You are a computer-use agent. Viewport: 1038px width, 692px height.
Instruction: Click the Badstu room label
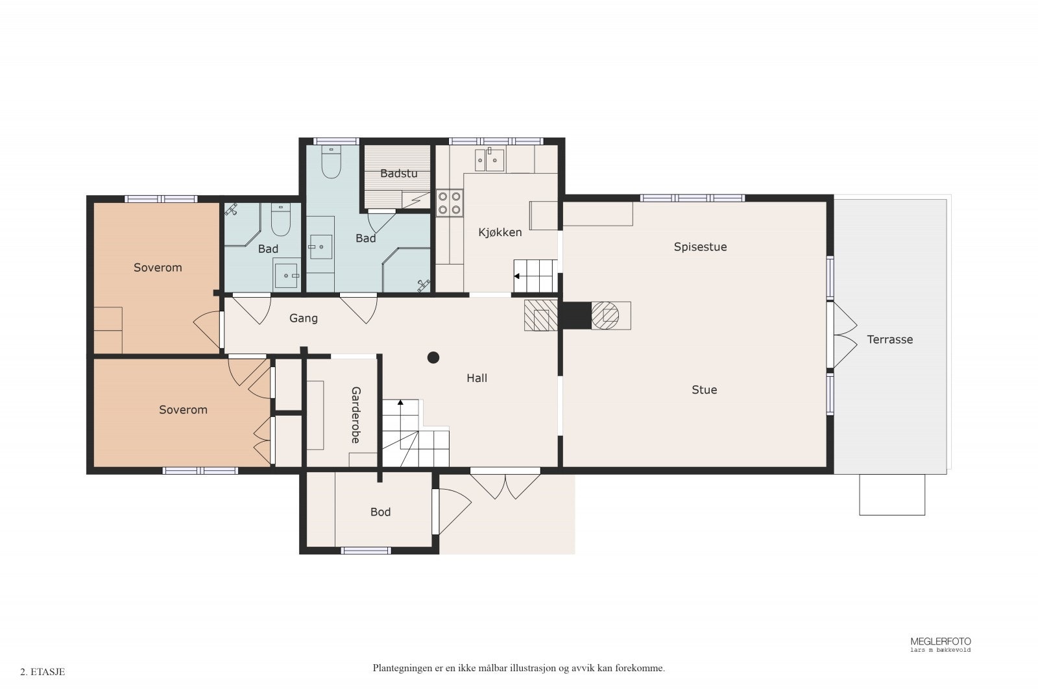(x=398, y=174)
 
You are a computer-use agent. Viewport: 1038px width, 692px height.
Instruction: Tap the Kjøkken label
(x=500, y=232)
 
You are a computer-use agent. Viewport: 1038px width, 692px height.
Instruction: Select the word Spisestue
(x=700, y=247)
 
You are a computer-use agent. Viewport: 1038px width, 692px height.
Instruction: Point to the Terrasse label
(x=889, y=340)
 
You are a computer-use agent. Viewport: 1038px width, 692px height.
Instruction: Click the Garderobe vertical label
(x=356, y=415)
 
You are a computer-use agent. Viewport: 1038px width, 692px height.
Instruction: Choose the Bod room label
(x=380, y=512)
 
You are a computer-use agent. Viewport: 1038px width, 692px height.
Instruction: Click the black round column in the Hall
(x=433, y=357)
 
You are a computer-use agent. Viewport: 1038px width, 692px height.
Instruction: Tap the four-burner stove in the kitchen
(x=449, y=202)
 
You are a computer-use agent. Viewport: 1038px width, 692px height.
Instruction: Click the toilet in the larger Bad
(x=332, y=163)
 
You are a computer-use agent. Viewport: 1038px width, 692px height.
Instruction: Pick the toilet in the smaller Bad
(x=280, y=221)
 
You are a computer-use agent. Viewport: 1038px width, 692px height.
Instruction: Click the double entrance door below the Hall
(x=505, y=483)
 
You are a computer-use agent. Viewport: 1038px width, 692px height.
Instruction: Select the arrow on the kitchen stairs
(x=517, y=276)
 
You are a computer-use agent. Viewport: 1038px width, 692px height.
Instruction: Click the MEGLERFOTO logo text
(x=940, y=641)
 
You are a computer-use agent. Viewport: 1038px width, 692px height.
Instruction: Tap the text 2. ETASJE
(x=43, y=672)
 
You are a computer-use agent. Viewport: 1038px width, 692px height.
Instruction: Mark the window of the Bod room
(x=366, y=551)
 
